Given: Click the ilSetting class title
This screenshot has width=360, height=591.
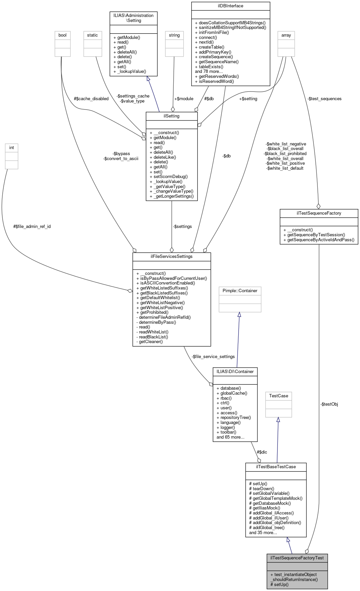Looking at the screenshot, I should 171,116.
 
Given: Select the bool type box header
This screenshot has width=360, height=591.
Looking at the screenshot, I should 62,35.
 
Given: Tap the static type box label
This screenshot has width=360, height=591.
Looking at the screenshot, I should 92,35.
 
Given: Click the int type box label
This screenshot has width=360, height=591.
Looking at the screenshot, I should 12,148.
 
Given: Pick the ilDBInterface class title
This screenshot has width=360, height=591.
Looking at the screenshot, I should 231,6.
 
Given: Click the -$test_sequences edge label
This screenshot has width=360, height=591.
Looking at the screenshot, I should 324,99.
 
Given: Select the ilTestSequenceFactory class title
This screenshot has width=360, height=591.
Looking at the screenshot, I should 319,213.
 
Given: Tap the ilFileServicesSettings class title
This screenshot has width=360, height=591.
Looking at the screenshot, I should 171,257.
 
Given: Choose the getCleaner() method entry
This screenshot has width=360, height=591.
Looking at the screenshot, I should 149,342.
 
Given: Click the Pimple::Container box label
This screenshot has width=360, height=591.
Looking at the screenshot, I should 240,291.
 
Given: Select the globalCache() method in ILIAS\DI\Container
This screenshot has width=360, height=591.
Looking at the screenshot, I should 232,393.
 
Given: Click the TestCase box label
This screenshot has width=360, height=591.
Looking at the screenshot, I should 278,396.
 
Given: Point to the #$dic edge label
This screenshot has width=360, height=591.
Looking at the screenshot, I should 262,452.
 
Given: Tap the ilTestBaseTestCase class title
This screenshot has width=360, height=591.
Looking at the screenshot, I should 275,467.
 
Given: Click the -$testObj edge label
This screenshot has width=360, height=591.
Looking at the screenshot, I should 329,404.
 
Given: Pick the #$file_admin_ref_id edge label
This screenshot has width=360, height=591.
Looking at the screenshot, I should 32,227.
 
